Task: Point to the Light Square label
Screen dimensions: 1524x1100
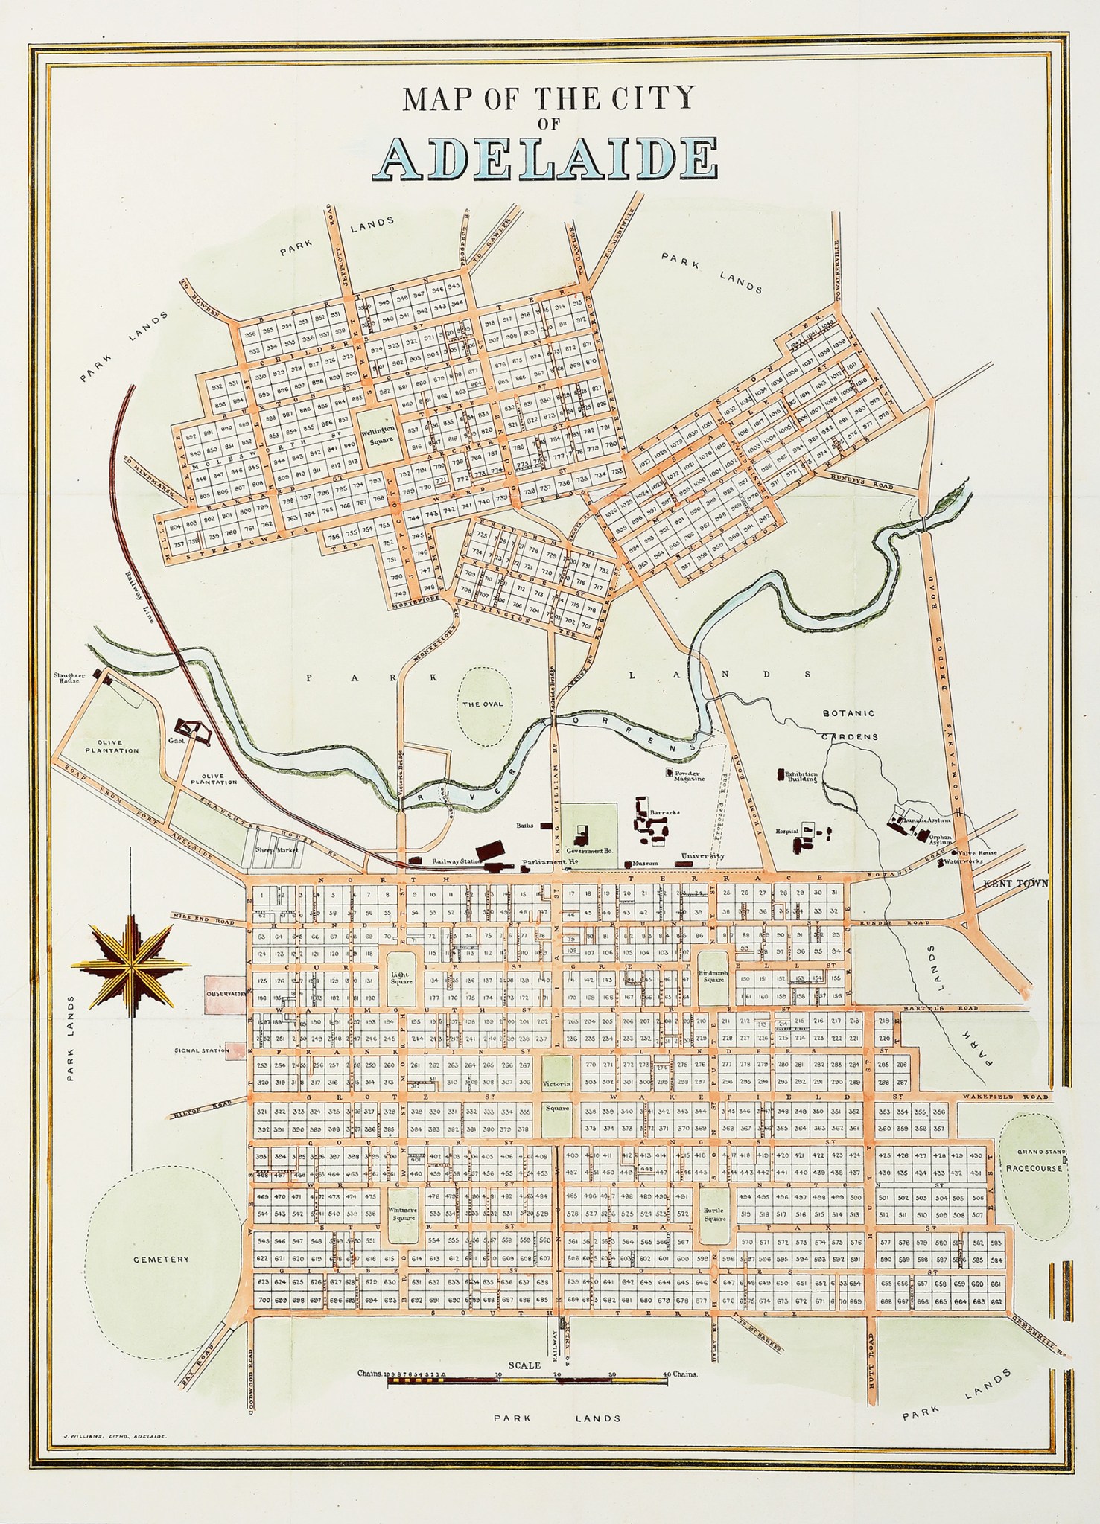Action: [x=401, y=978]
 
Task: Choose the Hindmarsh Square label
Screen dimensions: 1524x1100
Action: [x=713, y=977]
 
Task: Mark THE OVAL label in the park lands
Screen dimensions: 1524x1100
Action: [x=483, y=704]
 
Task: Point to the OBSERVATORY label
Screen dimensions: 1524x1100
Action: [x=226, y=994]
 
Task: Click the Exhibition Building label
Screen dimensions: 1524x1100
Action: [x=801, y=777]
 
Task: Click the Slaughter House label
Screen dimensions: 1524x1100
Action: [x=69, y=677]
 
